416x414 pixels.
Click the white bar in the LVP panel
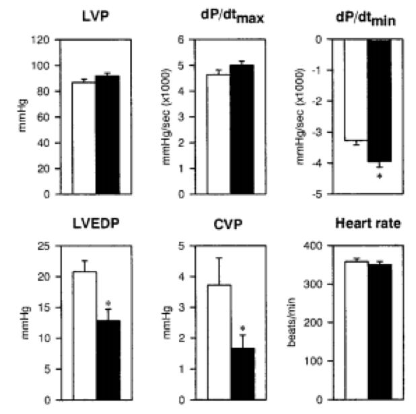click(x=83, y=138)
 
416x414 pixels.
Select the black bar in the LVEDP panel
click(x=108, y=360)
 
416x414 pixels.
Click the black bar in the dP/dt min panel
click(x=379, y=100)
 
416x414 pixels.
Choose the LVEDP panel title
click(x=96, y=224)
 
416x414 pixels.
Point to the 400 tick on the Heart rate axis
click(x=315, y=246)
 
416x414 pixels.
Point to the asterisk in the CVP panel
click(x=242, y=330)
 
